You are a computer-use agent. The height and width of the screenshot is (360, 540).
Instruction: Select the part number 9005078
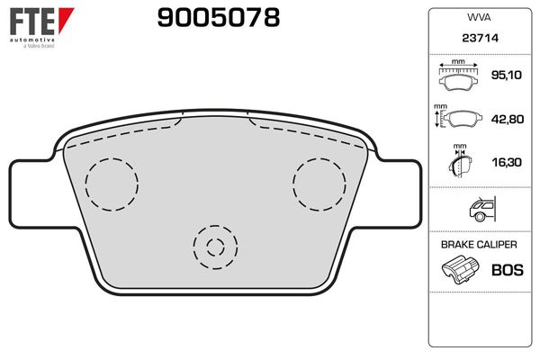[x=218, y=17]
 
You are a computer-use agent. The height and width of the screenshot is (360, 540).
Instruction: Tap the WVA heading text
[x=479, y=16]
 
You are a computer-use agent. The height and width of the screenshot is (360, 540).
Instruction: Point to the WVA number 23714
[x=479, y=39]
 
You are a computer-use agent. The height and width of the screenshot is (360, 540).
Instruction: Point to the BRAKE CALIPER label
[x=479, y=244]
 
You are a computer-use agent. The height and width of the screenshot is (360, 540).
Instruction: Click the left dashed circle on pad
[x=111, y=184]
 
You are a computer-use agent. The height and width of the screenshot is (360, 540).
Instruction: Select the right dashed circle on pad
[x=319, y=184]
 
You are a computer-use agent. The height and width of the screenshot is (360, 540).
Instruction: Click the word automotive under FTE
[x=32, y=40]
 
